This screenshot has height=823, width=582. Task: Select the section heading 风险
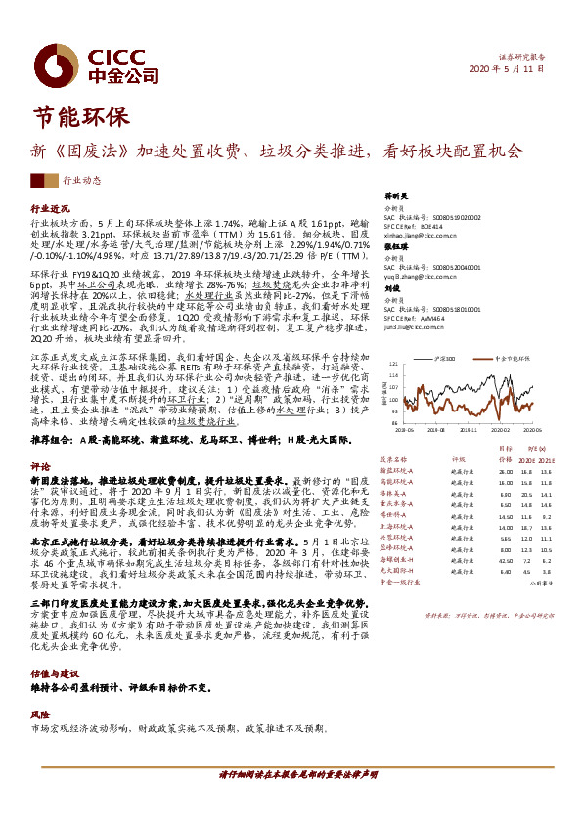40,715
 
